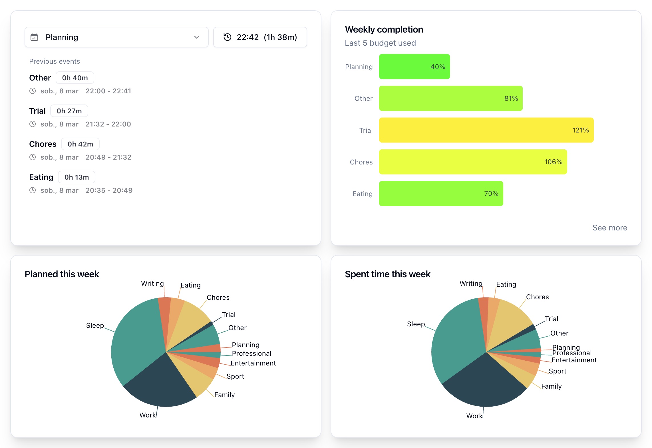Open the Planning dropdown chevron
196,37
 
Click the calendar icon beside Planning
34,37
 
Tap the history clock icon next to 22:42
227,37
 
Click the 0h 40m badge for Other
75,78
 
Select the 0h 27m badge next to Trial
69,111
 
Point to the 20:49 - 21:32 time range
108,157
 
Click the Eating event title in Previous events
41,177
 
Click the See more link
610,228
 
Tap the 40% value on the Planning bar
438,67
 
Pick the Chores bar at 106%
472,162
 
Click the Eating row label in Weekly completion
362,194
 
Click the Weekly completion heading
384,29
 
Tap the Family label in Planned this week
224,395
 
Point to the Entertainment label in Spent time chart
574,360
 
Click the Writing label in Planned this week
152,284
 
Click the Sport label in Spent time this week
557,371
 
